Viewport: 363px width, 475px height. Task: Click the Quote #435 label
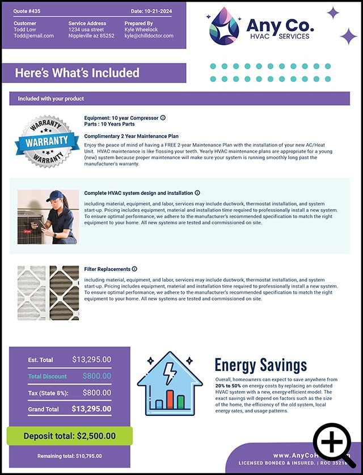(x=28, y=11)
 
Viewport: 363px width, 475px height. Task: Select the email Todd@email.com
(x=33, y=36)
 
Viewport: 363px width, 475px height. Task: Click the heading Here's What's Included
(x=77, y=73)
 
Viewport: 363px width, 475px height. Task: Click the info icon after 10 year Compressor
(x=163, y=118)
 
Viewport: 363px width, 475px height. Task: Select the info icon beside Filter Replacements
(x=134, y=269)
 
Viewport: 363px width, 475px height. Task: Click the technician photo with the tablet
(x=48, y=216)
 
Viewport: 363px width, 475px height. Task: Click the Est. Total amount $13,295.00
(x=91, y=360)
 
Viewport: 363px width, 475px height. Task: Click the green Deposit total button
(x=69, y=436)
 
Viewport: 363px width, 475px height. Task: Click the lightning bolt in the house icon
(x=169, y=374)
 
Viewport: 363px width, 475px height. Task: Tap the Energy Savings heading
(x=261, y=365)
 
